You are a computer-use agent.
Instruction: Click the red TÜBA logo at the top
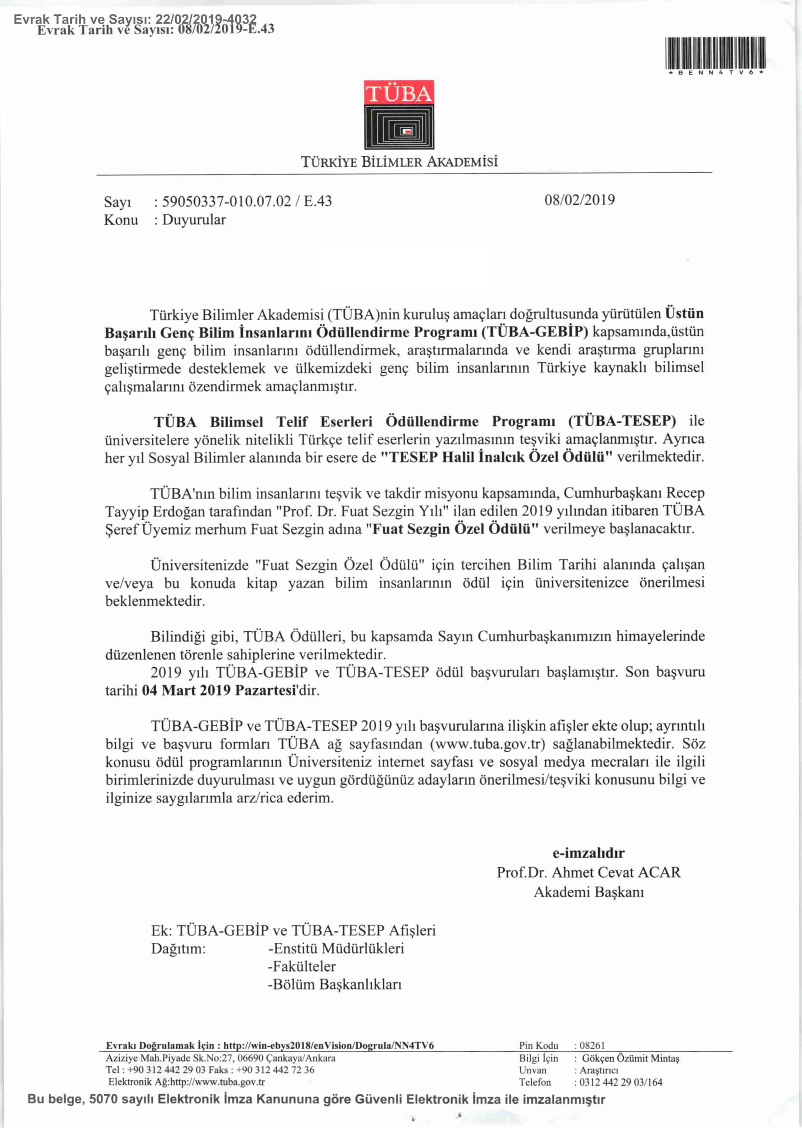tap(399, 114)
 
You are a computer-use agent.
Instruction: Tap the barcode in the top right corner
tap(715, 54)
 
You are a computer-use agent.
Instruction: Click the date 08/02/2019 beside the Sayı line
tap(579, 200)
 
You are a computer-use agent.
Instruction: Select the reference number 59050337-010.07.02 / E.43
tap(247, 201)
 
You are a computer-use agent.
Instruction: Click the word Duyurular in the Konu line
tap(194, 220)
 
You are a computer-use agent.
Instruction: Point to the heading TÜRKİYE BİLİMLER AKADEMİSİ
tap(399, 162)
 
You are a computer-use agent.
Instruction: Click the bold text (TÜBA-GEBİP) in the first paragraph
tap(535, 331)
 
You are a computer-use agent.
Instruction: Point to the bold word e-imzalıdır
tap(588, 853)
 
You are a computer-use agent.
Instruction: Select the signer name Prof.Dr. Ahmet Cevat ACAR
tap(588, 872)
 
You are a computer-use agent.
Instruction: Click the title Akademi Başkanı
tap(588, 892)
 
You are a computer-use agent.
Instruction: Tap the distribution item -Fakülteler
tap(301, 966)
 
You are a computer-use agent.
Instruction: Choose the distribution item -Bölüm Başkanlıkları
tap(334, 984)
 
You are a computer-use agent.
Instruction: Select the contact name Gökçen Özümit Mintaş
tap(630, 1059)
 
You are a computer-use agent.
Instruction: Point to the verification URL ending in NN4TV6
tap(328, 1046)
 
